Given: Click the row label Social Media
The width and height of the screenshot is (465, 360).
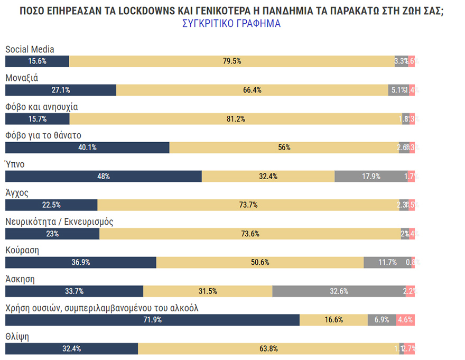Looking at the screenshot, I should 30,49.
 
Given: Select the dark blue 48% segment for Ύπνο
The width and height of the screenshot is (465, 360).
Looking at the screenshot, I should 103,177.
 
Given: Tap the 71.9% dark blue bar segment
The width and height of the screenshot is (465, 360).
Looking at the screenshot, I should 152,320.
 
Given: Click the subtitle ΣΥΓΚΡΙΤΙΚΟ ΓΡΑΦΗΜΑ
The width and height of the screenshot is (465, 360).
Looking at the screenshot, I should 231,24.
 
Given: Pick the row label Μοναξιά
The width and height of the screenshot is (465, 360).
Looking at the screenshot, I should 21,78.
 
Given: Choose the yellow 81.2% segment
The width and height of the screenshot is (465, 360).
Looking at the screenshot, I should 235,119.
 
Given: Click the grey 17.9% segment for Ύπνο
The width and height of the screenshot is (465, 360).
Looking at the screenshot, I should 371,177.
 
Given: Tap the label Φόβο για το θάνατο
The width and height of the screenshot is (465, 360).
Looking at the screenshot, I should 43,135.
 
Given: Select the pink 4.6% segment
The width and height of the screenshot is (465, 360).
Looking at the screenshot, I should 405,320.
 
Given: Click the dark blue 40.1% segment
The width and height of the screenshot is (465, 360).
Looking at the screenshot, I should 87,147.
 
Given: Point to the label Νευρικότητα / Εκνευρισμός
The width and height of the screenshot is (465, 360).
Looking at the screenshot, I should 59,221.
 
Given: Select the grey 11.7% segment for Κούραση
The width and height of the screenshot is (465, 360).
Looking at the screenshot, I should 387,263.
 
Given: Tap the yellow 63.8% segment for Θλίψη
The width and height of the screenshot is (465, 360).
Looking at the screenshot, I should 268,348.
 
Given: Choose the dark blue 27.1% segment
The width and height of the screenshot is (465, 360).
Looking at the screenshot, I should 60,90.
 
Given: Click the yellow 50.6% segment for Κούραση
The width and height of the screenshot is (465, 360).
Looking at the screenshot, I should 260,263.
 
